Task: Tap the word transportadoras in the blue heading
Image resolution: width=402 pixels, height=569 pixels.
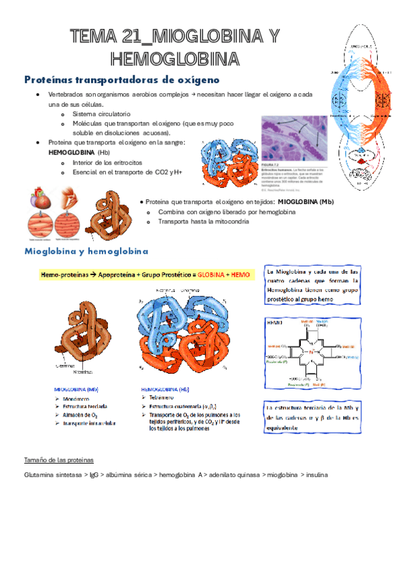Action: [112, 80]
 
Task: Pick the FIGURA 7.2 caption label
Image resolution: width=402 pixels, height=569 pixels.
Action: [271, 163]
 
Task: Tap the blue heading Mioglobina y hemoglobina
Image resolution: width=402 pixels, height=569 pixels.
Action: [86, 252]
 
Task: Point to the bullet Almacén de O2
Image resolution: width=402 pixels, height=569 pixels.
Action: [83, 415]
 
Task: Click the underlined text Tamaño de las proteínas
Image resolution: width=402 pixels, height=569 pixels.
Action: [58, 460]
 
